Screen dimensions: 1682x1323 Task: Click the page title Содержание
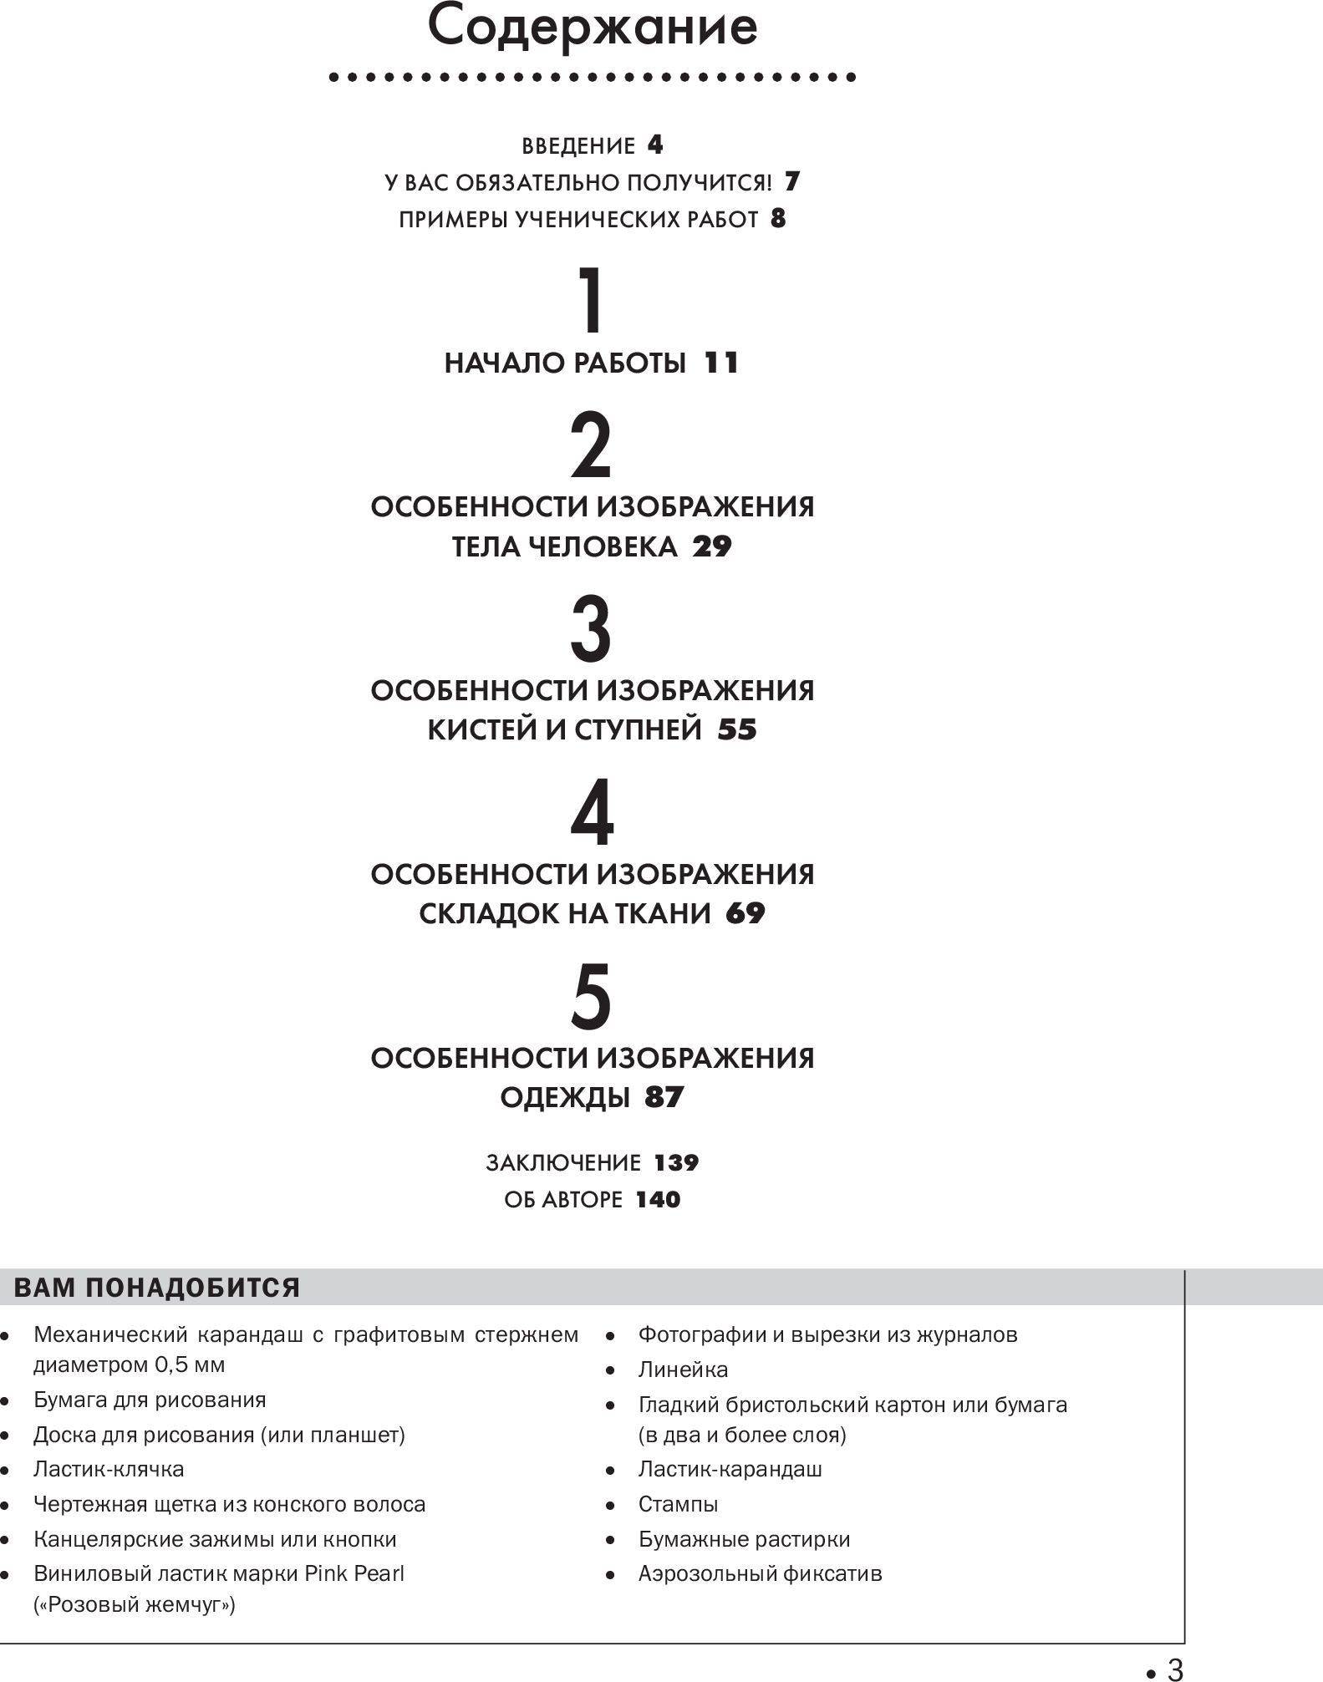coord(593,27)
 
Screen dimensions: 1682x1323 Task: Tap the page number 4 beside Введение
coord(655,145)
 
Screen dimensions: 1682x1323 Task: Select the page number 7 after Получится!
coord(792,182)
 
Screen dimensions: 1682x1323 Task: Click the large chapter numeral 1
coord(592,301)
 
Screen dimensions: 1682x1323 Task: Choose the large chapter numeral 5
coord(591,998)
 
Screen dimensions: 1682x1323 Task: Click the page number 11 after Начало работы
coord(721,363)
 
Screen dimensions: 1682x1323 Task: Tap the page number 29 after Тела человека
coord(712,547)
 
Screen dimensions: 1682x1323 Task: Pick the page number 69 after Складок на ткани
coord(745,914)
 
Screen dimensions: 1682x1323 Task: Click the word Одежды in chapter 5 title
coord(565,1098)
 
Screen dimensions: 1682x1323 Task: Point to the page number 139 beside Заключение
coord(676,1163)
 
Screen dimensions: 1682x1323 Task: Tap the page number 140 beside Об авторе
coord(658,1200)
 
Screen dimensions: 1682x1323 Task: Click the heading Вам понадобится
coord(157,1288)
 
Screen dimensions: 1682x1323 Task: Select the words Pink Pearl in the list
coord(354,1573)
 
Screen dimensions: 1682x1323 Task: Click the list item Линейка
coord(683,1369)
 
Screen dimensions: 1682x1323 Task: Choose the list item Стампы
coord(678,1504)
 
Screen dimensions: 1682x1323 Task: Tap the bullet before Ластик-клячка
coord(5,1470)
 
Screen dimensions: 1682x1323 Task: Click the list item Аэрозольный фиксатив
coord(760,1573)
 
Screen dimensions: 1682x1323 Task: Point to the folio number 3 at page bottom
coord(1174,1669)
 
